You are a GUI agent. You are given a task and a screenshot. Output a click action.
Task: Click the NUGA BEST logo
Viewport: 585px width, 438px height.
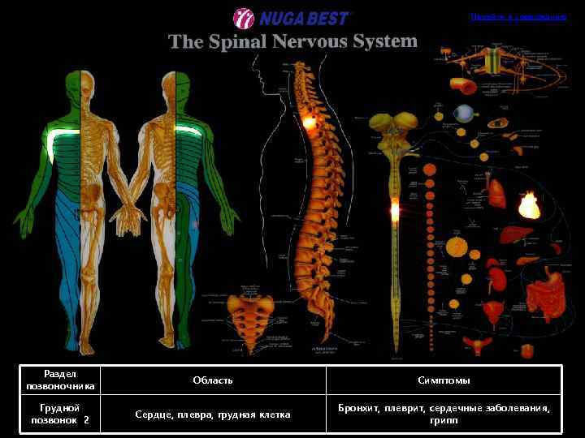pos(292,17)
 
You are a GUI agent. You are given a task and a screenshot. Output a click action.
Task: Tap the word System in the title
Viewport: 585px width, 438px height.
pos(383,41)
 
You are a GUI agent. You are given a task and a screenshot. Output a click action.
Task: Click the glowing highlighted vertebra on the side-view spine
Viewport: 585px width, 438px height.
pos(309,122)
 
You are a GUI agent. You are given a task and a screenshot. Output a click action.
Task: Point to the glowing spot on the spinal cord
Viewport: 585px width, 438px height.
pos(395,211)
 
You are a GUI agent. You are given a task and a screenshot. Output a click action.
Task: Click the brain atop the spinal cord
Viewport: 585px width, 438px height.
pos(393,130)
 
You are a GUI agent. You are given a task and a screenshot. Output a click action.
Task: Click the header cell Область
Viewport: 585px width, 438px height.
pos(213,380)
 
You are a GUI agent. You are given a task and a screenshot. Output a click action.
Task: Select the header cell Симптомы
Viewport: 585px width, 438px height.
pos(444,380)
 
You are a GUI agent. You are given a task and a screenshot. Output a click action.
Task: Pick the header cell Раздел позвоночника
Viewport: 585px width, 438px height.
pos(59,380)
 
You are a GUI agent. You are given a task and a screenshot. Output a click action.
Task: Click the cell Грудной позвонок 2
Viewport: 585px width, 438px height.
pos(59,414)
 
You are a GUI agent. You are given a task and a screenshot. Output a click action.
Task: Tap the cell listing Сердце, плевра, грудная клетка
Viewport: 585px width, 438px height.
pos(213,414)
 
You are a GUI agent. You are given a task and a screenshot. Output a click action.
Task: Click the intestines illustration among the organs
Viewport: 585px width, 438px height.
pos(540,296)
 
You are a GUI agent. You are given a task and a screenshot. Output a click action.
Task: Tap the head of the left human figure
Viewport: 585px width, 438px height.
pos(82,84)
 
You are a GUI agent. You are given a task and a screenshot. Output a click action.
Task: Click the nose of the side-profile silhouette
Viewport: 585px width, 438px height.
pos(253,82)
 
